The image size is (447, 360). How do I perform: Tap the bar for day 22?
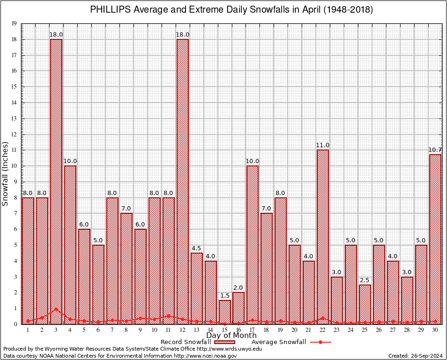[x=323, y=237]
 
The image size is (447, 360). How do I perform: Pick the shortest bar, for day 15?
[x=224, y=312]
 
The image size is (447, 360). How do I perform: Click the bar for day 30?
[x=435, y=239]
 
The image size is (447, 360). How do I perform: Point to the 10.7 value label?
[x=435, y=150]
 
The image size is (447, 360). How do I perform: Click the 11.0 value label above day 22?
[x=323, y=145]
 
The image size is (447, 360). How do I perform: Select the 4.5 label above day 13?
[x=196, y=248]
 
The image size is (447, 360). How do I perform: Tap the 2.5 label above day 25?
[x=365, y=280]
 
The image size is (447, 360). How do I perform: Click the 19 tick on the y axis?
[x=14, y=23]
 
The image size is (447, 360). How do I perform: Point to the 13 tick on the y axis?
[x=14, y=119]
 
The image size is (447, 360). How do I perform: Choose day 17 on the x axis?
[x=253, y=330]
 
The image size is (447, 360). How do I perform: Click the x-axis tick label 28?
[x=407, y=330]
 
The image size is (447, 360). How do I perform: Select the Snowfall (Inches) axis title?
[x=6, y=173]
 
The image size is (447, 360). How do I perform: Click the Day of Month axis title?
[x=231, y=336]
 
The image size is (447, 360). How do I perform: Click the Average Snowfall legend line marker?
[x=320, y=342]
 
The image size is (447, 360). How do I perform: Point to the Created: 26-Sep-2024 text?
[x=415, y=356]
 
